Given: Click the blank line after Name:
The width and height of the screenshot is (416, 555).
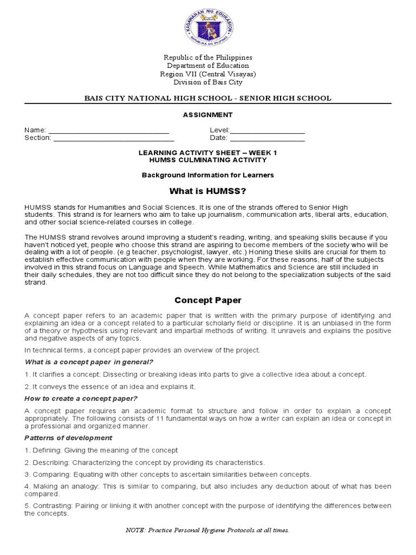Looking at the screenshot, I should point(109,132).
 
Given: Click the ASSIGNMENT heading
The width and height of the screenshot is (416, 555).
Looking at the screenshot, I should point(208,115).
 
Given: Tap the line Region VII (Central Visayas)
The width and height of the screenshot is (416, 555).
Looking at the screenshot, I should point(208,74).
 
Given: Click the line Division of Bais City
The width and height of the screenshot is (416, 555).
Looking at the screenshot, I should point(208,82).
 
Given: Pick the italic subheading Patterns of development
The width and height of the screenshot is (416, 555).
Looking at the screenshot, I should point(68,438).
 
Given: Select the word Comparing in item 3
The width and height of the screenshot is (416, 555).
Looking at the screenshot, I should point(50,474).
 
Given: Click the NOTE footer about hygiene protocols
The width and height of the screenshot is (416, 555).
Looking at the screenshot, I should point(208,530).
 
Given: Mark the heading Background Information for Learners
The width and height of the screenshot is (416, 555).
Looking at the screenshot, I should point(208,175).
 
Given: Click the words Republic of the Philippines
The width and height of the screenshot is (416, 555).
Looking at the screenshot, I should point(208,57).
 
